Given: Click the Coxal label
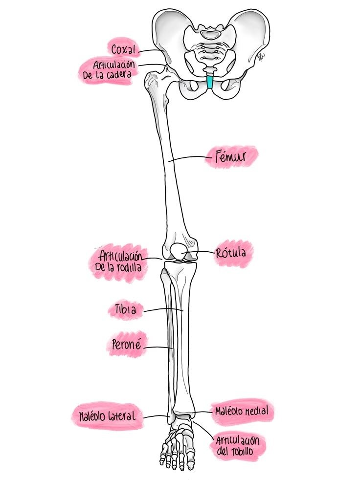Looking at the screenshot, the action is pos(123,49).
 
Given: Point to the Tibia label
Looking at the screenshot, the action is pos(126,309).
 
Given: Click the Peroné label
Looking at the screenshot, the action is pos(127,345).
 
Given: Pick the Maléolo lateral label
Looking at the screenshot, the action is pos(107,416).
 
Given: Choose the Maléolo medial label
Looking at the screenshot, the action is pos(242,411).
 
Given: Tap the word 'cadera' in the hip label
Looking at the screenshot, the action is pos(119,74).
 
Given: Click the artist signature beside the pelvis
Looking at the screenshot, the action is pos(261,57).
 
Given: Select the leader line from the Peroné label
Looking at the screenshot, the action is pos(158,348).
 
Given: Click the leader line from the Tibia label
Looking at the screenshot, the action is pos(163,310).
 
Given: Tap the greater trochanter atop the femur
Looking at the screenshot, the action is pos(151,80).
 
